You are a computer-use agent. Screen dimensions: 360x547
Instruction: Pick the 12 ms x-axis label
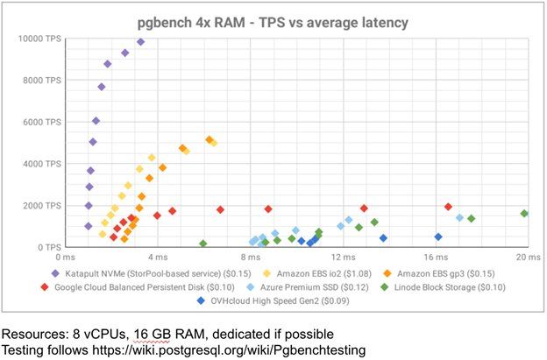point(342,258)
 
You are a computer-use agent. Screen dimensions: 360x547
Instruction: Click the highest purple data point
point(140,42)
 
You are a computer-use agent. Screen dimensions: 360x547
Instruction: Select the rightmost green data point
point(524,214)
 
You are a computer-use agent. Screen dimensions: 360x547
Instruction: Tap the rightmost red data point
point(448,207)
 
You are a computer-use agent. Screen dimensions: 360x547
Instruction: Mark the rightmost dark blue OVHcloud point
point(438,236)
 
